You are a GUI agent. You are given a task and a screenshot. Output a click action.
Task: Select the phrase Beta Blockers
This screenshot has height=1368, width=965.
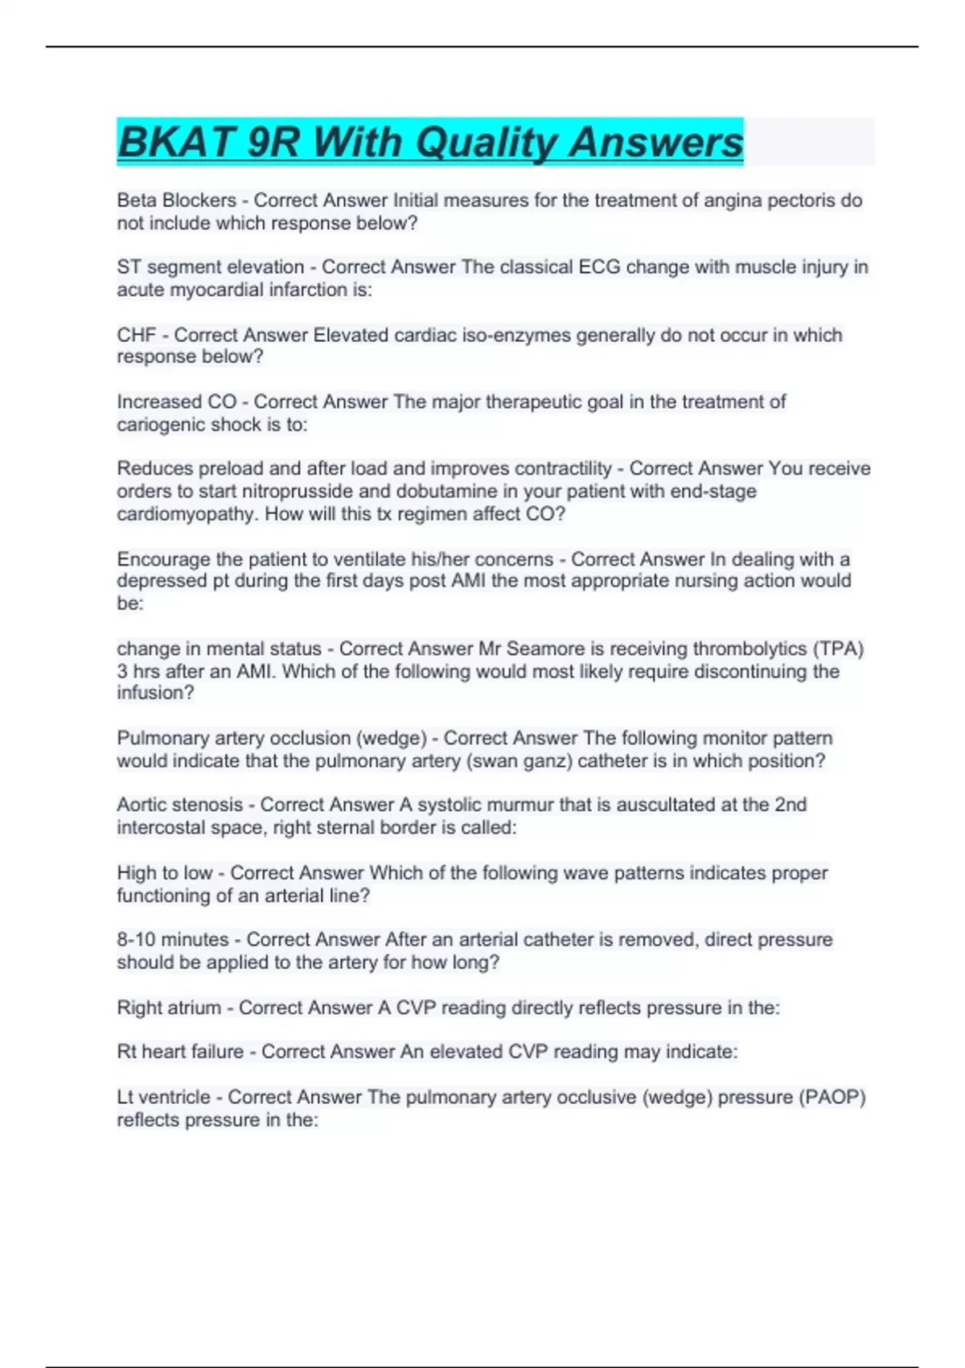176,200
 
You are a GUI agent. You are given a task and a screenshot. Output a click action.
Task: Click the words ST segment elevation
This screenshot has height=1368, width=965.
211,267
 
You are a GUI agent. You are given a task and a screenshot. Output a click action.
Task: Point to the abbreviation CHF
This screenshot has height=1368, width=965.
137,335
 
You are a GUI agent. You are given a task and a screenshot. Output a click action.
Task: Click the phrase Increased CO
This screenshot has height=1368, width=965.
177,402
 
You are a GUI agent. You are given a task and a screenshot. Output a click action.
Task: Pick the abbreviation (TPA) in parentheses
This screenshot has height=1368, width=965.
839,649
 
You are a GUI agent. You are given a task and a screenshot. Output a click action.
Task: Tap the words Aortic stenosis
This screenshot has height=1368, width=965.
179,805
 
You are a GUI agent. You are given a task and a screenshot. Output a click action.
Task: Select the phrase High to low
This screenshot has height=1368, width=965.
164,873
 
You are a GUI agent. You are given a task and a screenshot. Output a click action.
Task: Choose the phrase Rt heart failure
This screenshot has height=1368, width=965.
180,1052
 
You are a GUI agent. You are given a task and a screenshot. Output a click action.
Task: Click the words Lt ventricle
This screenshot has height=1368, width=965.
167,1097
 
